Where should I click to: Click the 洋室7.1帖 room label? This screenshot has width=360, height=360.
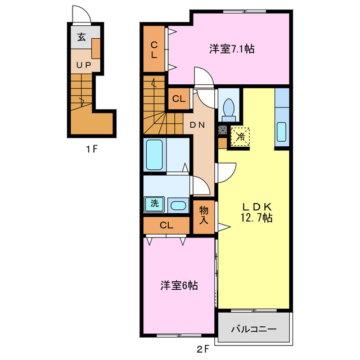click(x=232, y=49)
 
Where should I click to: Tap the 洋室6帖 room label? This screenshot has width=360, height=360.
click(x=178, y=286)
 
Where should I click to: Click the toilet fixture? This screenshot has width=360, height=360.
click(x=228, y=109)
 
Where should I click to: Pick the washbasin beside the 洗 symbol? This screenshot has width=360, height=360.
click(x=178, y=205)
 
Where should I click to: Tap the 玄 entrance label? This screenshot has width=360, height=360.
click(x=82, y=38)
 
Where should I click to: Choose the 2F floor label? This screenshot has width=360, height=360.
click(x=202, y=348)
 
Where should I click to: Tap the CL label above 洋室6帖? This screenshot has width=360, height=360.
click(x=166, y=226)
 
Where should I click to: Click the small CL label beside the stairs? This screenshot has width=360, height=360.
click(x=179, y=99)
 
